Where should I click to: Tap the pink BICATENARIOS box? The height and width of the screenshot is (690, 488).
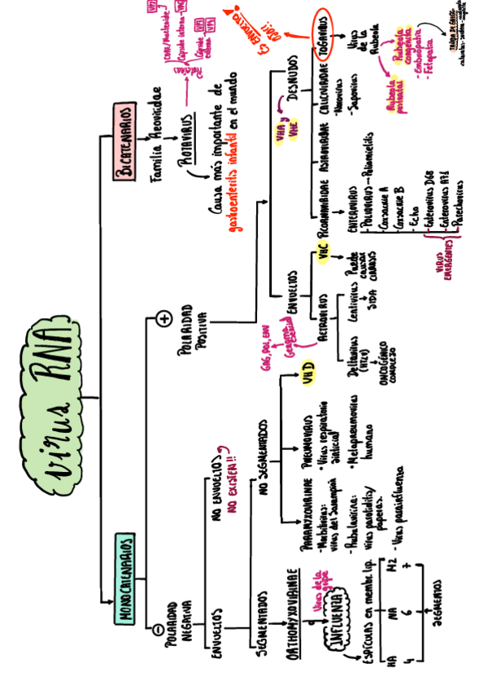pyautogui.click(x=124, y=142)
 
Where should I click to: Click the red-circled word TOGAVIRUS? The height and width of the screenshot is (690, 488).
pyautogui.click(x=323, y=37)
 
